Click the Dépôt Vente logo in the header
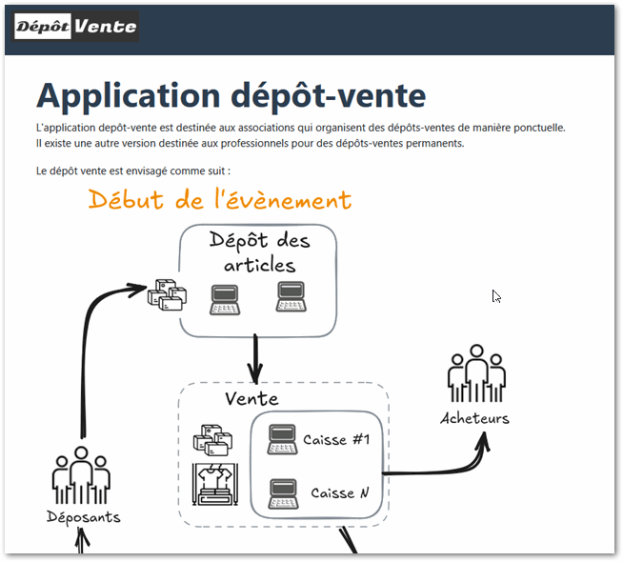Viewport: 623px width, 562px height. (x=76, y=27)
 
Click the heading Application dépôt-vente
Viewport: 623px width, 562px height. (x=231, y=96)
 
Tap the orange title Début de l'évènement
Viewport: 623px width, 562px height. (x=220, y=200)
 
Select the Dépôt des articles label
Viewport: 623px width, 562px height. (x=259, y=252)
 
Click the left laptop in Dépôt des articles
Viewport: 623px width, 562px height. (x=226, y=299)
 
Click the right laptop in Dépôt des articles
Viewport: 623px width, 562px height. (x=291, y=297)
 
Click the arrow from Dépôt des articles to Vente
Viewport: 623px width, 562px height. (x=254, y=357)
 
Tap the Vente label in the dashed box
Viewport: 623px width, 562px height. (x=251, y=397)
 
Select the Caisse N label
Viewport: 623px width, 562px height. (x=338, y=492)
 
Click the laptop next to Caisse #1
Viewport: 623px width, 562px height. (x=283, y=438)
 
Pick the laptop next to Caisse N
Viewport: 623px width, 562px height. (x=283, y=492)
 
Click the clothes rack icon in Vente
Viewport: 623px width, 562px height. (x=214, y=484)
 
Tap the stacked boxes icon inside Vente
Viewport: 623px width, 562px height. (x=212, y=441)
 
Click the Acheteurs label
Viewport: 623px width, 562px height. (x=474, y=417)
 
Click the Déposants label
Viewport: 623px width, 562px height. (x=83, y=516)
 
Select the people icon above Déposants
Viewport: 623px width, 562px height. (x=83, y=474)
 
